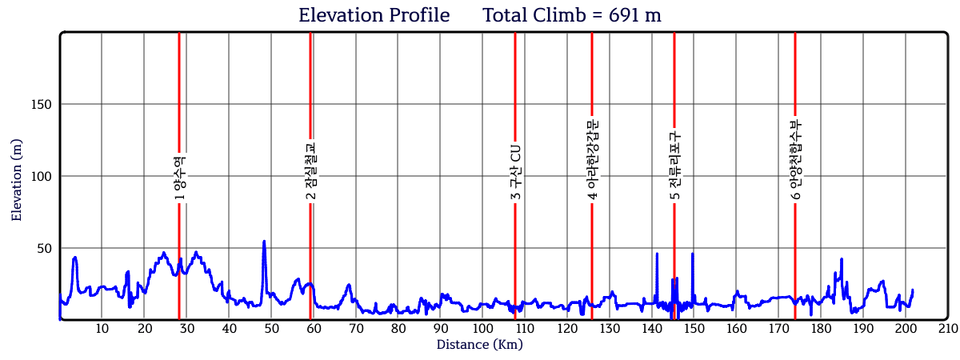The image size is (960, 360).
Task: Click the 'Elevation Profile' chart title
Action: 374,15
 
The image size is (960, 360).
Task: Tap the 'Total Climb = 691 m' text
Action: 571,15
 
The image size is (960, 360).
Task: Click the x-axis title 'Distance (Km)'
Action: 479,345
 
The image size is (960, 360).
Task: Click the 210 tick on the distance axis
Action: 947,328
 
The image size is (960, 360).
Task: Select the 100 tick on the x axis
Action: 482,328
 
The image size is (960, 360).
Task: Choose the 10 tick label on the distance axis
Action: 102,328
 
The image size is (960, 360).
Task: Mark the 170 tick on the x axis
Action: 778,328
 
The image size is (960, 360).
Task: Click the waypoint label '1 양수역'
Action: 179,177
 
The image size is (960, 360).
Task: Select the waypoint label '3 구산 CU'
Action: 515,173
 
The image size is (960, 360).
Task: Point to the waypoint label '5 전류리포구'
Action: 674,165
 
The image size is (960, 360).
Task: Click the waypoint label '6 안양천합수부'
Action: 795,159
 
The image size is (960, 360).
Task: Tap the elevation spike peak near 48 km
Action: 264,241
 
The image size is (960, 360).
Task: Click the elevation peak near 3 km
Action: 74,258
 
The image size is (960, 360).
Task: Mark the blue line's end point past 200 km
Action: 912,290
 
